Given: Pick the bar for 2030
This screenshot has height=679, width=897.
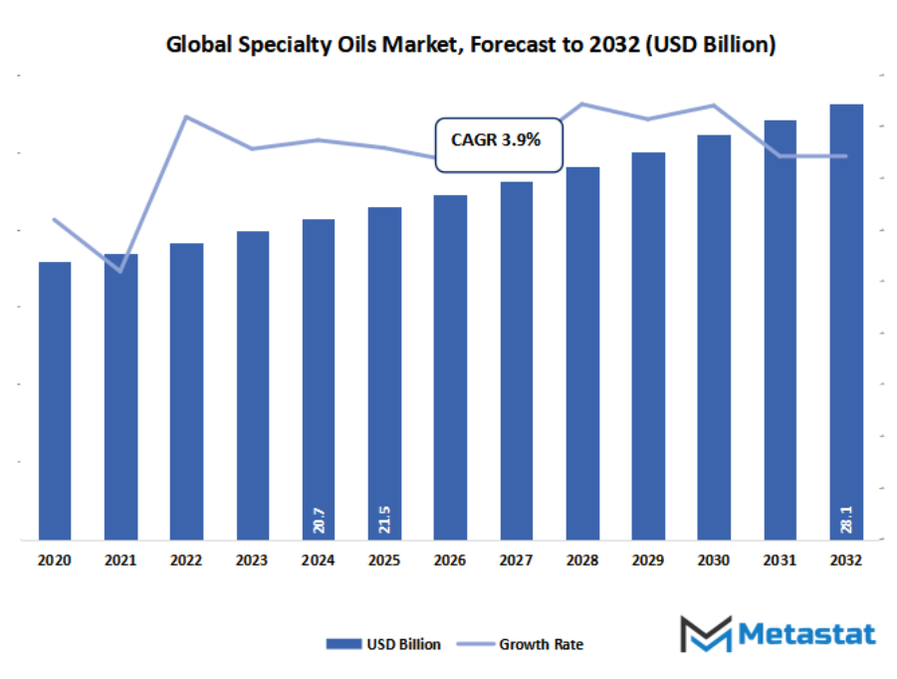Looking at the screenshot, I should [x=714, y=338].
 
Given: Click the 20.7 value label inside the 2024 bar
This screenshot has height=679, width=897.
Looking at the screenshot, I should [x=319, y=520].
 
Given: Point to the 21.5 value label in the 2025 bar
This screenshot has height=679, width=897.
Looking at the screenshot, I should [x=384, y=520].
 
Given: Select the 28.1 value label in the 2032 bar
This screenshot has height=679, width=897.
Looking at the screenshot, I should [x=846, y=520].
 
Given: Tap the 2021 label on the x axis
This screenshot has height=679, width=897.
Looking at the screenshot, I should [x=120, y=562].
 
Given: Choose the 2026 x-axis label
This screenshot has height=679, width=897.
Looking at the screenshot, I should [x=450, y=562].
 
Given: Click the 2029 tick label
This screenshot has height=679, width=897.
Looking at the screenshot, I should [x=648, y=562].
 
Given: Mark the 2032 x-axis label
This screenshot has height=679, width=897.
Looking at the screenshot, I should [x=846, y=562].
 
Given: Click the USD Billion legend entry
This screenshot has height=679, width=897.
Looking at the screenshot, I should [x=383, y=644].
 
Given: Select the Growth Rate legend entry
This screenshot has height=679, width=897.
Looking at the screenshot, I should [x=523, y=644].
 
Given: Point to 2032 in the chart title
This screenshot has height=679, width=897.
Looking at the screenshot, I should [x=618, y=46].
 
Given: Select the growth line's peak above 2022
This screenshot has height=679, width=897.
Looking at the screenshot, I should [x=186, y=116].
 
